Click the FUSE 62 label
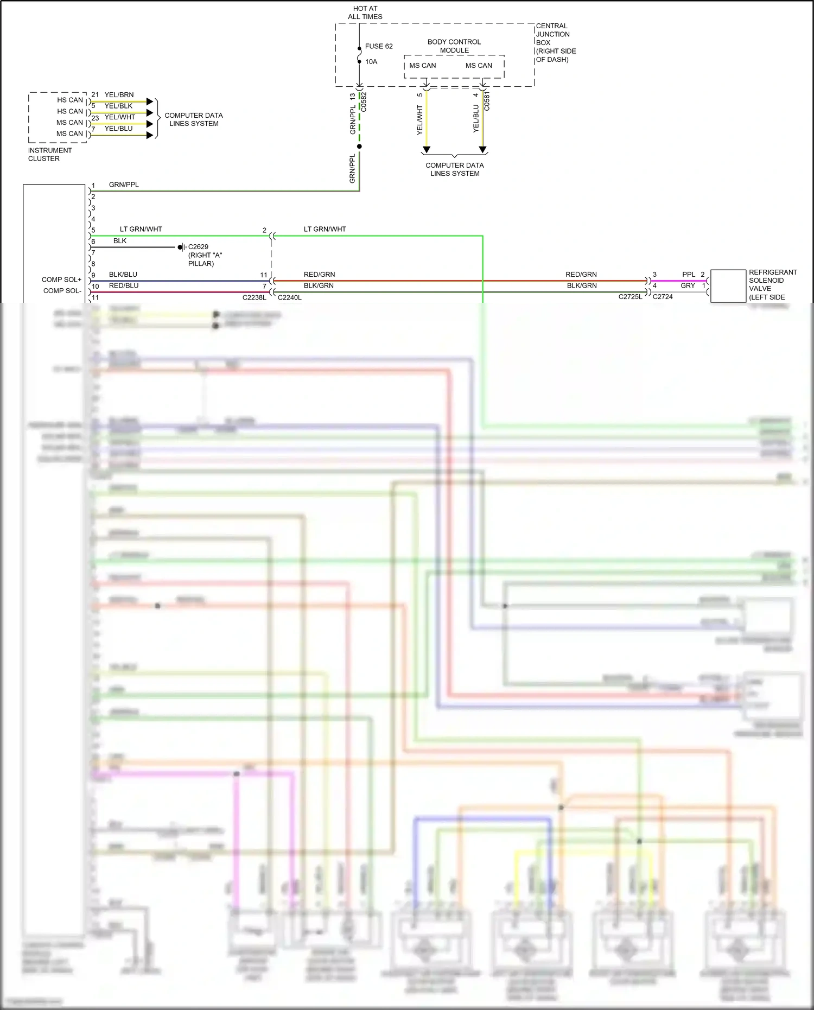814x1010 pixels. [x=378, y=46]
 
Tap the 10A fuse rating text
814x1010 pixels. [x=371, y=62]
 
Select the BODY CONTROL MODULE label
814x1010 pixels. [x=454, y=46]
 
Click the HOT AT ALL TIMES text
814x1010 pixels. [x=365, y=12]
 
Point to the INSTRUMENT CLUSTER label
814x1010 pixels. [x=49, y=155]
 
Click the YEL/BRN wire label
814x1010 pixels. [x=119, y=94]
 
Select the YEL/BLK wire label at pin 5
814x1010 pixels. [x=118, y=106]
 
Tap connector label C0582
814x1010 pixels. [x=364, y=102]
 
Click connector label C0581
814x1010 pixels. [x=487, y=101]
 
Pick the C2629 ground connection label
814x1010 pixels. [x=198, y=246]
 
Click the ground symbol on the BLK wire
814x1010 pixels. [x=182, y=247]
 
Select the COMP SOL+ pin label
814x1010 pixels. [x=61, y=280]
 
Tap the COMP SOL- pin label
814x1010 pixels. [x=62, y=291]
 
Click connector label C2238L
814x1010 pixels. [x=254, y=297]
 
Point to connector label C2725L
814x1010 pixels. [x=630, y=297]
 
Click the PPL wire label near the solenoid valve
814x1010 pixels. [x=688, y=274]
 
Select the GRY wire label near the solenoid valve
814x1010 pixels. [x=688, y=285]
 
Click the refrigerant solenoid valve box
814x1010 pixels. [x=728, y=285]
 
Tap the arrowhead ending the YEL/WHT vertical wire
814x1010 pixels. [x=427, y=150]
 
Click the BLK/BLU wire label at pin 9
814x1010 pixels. [x=123, y=274]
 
